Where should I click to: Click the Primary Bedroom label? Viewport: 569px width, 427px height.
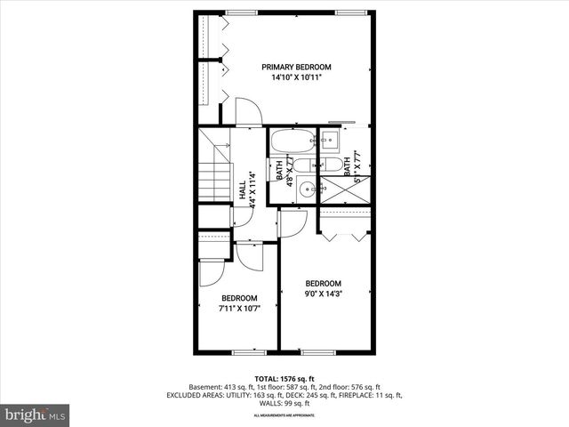tap(296, 67)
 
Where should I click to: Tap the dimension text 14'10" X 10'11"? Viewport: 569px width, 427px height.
tap(296, 78)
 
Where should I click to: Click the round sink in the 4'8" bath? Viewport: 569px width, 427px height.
tap(307, 188)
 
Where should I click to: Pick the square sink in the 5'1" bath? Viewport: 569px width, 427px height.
tap(328, 139)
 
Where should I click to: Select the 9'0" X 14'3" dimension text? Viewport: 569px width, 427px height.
tap(324, 294)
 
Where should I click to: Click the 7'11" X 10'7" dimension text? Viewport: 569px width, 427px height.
tap(239, 309)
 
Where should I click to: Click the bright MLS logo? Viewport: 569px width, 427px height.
tap(36, 415)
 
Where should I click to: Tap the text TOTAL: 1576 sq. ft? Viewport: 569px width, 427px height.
tap(284, 378)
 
